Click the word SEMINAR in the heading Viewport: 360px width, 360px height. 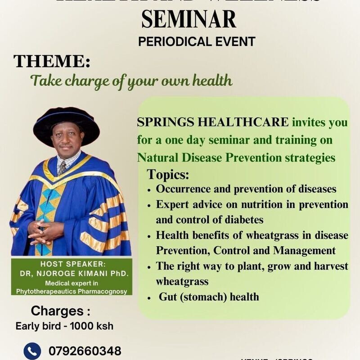[x=189, y=19]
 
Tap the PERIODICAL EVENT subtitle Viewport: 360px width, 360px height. [x=197, y=42]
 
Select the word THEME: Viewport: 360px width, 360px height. [x=49, y=62]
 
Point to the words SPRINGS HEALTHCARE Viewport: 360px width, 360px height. [x=213, y=122]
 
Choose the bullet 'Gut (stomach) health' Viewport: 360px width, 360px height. [x=209, y=297]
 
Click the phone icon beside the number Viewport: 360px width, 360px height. [x=32, y=351]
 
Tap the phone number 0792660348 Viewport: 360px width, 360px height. [x=82, y=351]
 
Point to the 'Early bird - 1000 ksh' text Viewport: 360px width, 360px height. [x=64, y=326]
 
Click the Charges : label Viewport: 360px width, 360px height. [x=57, y=311]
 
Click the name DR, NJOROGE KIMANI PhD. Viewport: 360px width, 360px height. [x=71, y=274]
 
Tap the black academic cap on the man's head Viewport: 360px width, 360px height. [x=66, y=121]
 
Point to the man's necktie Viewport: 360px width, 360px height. [x=62, y=167]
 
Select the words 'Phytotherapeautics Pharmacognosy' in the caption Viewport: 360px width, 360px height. [x=71, y=291]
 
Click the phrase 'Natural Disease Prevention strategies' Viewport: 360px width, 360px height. [x=236, y=158]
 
